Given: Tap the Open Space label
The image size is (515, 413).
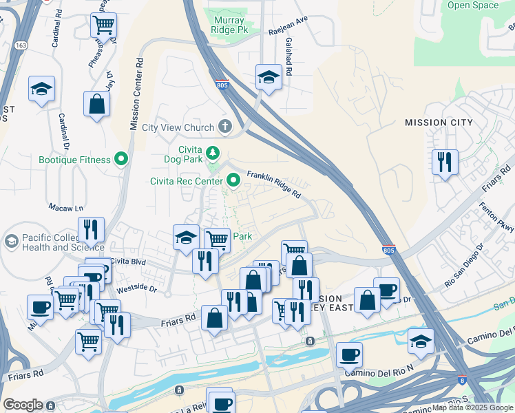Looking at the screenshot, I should click(472, 6).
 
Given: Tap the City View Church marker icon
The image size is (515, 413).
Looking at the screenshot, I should click(225, 127).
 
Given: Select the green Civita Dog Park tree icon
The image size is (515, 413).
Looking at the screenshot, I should click(213, 152).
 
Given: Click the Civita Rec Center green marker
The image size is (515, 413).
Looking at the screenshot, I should click(233, 182).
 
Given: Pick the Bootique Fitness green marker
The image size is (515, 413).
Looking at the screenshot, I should click(122, 160).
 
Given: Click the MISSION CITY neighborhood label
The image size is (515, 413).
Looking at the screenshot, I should click(439, 123).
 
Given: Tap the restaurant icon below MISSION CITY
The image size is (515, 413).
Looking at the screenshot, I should click(444, 162).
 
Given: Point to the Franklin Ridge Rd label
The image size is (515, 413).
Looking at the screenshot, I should click(274, 184).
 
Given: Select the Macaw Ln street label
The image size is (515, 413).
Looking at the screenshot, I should click(65, 207).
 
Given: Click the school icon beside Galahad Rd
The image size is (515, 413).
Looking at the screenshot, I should click(269, 77).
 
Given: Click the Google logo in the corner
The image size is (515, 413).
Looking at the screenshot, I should click(23, 405).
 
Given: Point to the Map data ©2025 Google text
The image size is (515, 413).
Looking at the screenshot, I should click(472, 408).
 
